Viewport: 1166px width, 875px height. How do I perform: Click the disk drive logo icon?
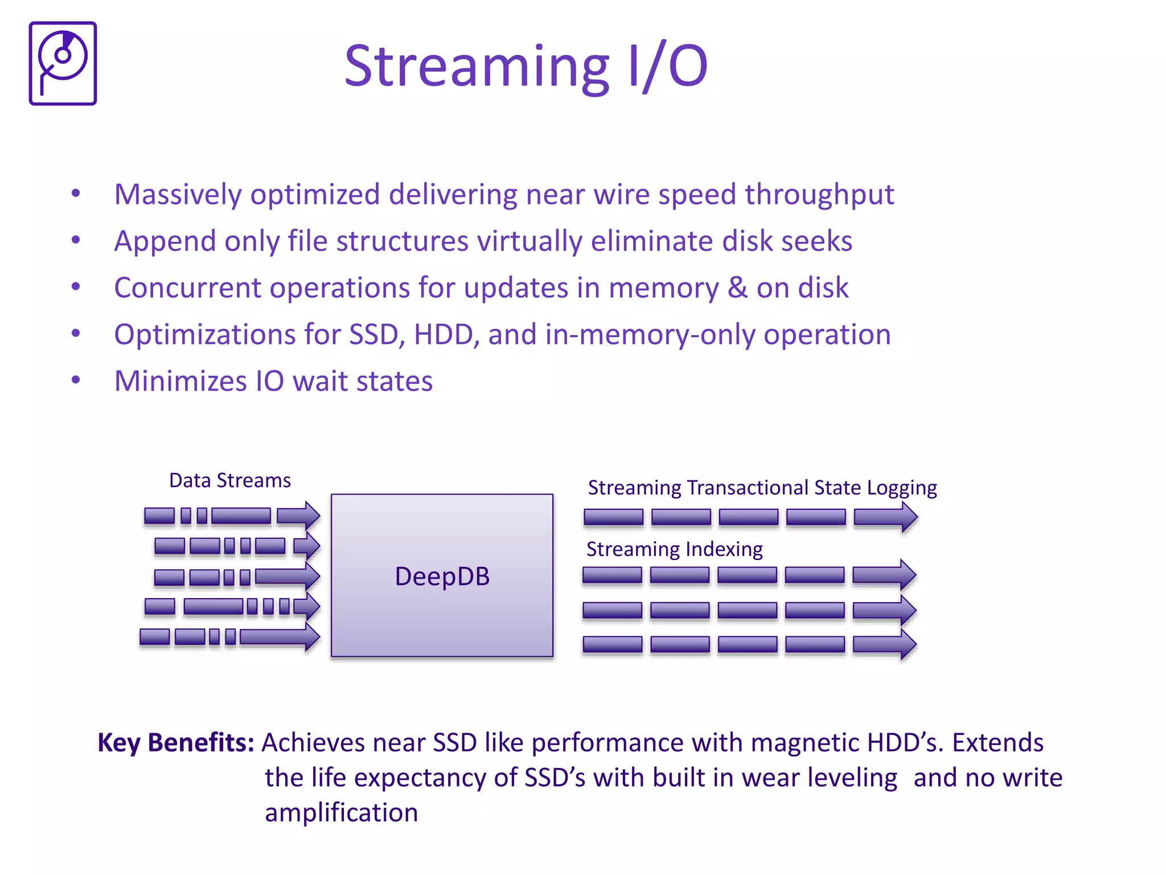[63, 63]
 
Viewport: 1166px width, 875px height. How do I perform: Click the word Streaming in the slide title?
[477, 67]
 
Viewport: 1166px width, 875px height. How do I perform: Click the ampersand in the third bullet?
[737, 288]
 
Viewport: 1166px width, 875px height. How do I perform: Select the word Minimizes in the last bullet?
[180, 381]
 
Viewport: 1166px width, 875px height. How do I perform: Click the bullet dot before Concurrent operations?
[76, 287]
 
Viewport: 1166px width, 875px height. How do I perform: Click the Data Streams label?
[230, 481]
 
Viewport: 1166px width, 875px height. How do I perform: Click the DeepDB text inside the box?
[442, 576]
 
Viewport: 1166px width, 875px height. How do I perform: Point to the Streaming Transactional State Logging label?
[762, 488]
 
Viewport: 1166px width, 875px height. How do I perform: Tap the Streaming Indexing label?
[674, 549]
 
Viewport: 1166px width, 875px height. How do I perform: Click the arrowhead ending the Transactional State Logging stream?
[905, 517]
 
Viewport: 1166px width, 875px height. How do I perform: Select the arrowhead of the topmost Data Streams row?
[310, 516]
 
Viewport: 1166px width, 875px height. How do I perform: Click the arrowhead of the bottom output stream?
[904, 644]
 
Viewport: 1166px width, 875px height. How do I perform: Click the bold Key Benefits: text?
[175, 743]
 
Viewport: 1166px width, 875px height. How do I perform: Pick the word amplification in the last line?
[341, 812]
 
